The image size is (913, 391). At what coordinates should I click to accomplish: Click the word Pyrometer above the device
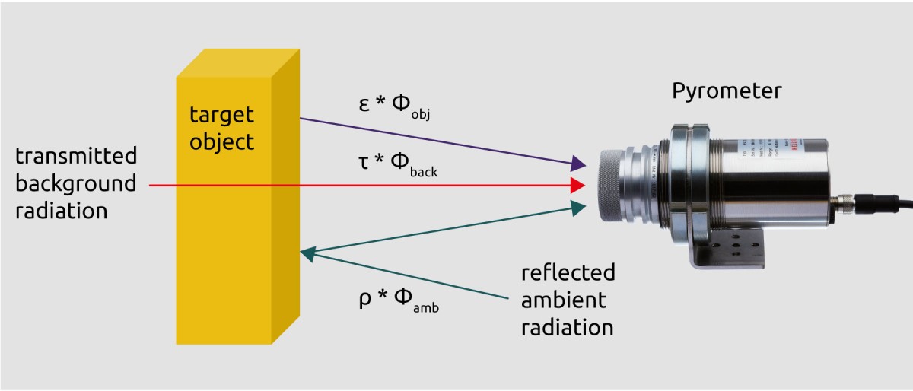[x=726, y=92]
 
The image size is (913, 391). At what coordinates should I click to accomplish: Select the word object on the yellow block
[x=221, y=141]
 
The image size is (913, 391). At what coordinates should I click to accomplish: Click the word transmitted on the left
[x=76, y=157]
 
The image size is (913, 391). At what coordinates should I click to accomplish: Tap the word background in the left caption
[x=76, y=183]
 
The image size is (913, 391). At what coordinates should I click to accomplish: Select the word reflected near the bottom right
[x=568, y=272]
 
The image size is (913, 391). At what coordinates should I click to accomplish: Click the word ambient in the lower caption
[x=564, y=300]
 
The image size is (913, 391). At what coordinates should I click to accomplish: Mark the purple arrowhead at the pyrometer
[x=578, y=163]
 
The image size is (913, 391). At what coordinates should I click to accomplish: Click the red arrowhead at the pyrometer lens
[x=578, y=185]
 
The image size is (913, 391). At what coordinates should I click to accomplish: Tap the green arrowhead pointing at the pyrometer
[x=578, y=206]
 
